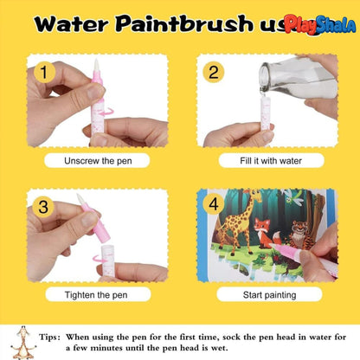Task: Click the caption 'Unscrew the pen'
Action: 97,161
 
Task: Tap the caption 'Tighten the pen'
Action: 97,295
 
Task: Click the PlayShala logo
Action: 319,26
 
